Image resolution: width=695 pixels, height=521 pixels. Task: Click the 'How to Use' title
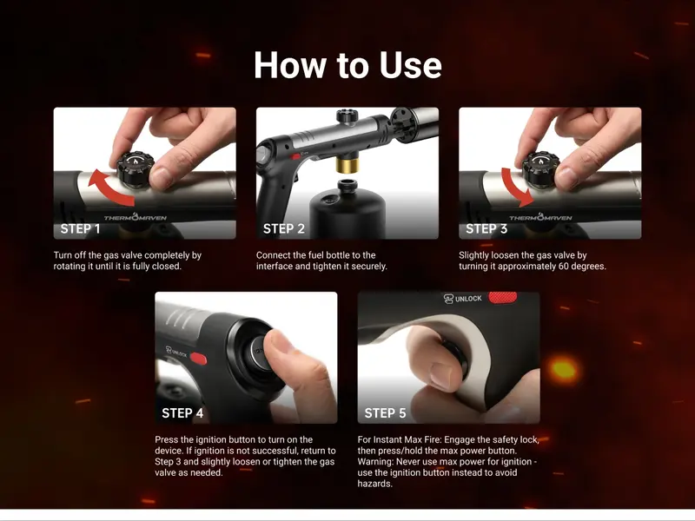point(347,65)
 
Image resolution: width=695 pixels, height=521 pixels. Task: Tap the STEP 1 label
point(80,229)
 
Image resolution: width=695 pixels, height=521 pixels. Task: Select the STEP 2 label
point(284,229)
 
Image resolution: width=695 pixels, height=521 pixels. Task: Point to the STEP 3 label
point(486,229)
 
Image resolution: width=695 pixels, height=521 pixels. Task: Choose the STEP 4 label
point(182,413)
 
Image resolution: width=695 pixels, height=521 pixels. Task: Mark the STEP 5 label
point(385,413)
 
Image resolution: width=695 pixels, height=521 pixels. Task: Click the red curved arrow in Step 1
point(109,188)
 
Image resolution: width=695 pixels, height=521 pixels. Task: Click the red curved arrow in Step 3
point(515,186)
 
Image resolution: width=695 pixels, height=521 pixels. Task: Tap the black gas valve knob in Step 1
point(136,169)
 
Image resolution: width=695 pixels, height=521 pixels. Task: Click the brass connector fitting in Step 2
point(347,165)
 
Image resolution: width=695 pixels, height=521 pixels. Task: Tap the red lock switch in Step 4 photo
point(198,358)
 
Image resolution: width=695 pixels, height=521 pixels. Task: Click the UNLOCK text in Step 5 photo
point(468,299)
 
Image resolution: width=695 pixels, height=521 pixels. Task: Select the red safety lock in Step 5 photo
point(503,297)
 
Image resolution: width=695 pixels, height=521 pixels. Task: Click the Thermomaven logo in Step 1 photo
point(136,217)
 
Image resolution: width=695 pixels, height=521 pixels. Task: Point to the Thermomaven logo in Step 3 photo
point(540,217)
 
